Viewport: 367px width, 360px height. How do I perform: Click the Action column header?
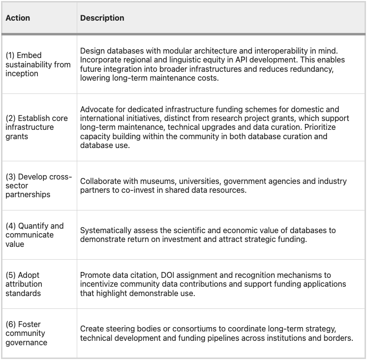pyautogui.click(x=18, y=18)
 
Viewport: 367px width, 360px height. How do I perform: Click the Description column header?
pyautogui.click(x=102, y=18)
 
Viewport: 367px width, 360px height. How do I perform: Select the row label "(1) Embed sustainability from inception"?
pyautogui.click(x=38, y=64)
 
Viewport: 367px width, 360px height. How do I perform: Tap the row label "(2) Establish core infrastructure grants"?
pyautogui.click(x=36, y=127)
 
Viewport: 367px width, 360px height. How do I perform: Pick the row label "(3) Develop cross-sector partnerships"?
pyautogui.click(x=38, y=185)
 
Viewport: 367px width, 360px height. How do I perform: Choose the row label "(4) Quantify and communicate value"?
pyautogui.click(x=34, y=235)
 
